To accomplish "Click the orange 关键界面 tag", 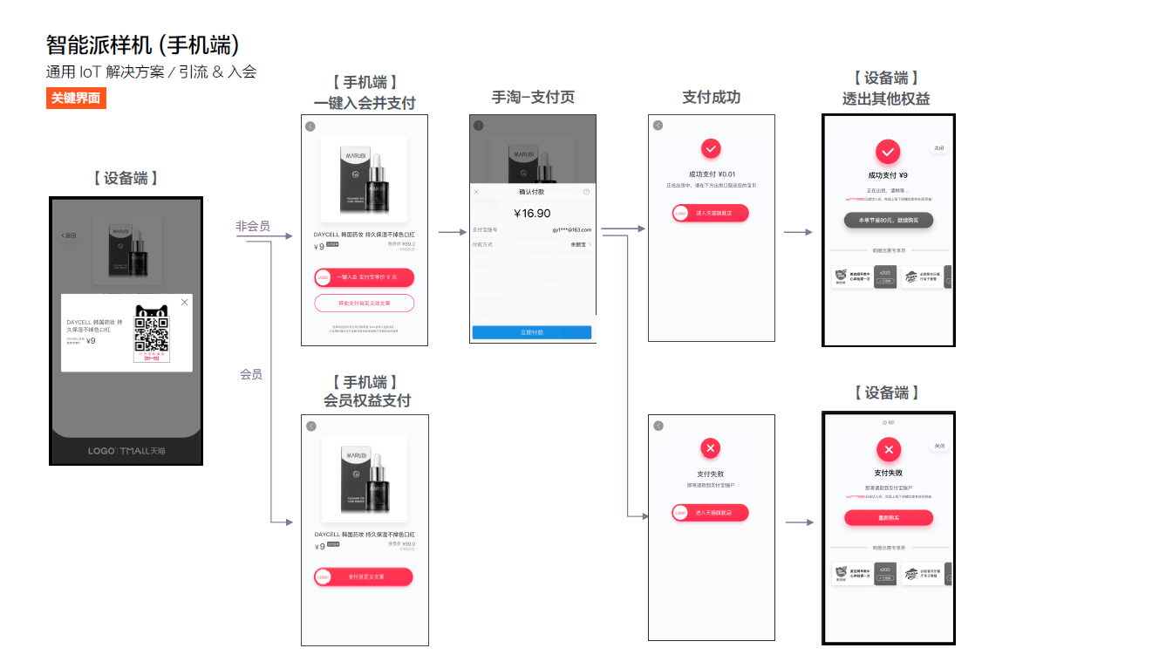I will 76,99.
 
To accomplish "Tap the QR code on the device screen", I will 152,334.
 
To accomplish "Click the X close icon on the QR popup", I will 184,303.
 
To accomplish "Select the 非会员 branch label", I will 253,227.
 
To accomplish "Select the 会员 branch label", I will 251,374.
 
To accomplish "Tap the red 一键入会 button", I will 365,277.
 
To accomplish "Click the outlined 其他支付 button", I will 365,304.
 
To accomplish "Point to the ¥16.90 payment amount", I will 532,214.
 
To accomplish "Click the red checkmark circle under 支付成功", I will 711,148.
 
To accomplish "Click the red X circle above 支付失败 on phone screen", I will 711,449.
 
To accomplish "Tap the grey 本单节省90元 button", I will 889,220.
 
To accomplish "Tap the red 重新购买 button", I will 889,518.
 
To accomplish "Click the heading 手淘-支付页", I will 533,98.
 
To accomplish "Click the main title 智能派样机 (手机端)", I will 143,45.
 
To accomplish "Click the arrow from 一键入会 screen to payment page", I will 452,233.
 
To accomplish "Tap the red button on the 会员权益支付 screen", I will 364,577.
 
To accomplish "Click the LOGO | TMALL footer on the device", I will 126,451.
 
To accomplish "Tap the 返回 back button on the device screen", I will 69,235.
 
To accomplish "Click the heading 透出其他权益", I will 886,99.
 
